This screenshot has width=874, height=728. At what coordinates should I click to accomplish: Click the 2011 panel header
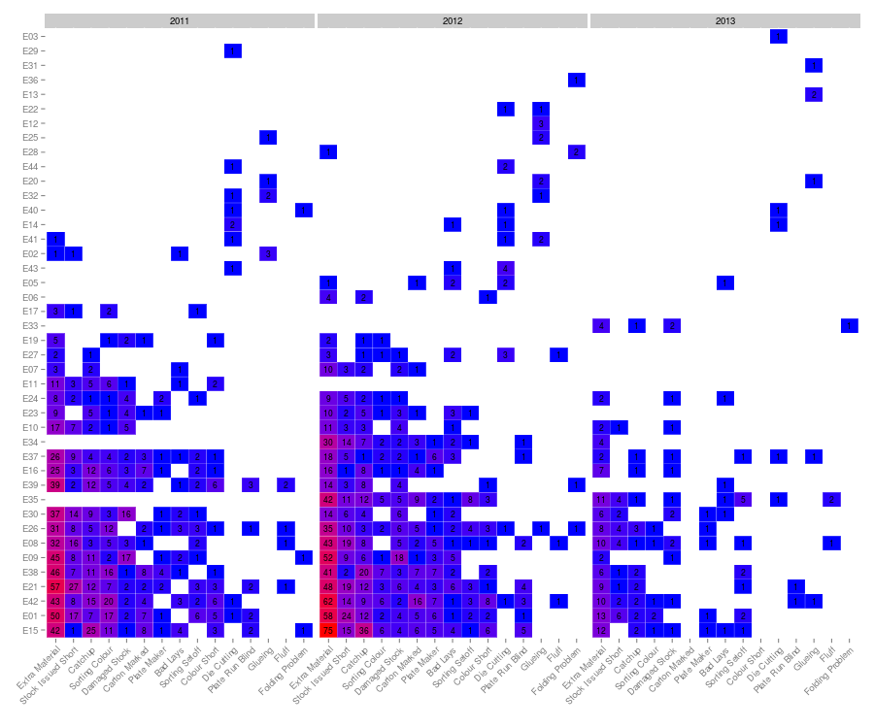click(180, 20)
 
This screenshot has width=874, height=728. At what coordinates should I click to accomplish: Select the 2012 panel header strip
click(453, 20)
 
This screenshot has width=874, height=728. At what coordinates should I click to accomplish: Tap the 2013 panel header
click(725, 20)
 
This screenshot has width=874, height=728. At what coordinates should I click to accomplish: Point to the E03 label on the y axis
click(29, 37)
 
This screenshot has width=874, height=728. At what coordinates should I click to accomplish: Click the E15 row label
click(29, 630)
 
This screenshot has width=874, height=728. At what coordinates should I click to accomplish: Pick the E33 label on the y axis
click(29, 325)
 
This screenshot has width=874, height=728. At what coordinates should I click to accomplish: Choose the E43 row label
click(29, 267)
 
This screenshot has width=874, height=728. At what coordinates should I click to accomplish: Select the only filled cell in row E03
click(778, 37)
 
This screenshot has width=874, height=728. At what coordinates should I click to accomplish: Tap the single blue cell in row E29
click(233, 50)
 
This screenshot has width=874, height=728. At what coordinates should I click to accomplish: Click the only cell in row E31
click(814, 65)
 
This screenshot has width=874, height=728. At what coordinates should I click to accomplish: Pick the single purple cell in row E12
click(541, 123)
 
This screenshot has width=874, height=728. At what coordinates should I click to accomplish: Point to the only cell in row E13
click(814, 94)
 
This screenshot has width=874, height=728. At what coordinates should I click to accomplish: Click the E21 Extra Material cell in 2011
click(54, 586)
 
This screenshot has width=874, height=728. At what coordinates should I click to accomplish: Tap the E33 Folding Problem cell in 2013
click(850, 325)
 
